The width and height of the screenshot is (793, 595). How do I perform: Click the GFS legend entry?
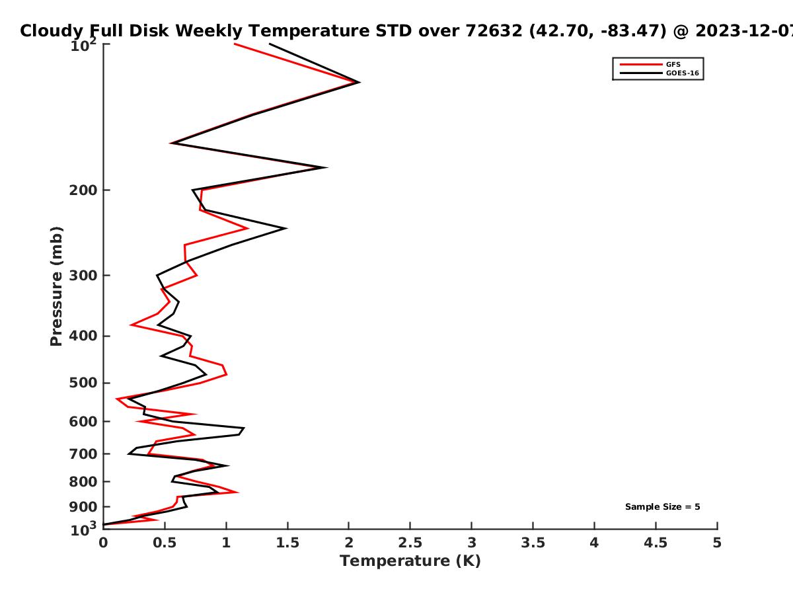tap(673, 64)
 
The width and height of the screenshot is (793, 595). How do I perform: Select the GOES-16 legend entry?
tap(682, 73)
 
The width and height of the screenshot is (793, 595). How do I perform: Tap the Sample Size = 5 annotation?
tap(663, 507)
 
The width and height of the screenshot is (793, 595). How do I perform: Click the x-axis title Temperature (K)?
tap(410, 561)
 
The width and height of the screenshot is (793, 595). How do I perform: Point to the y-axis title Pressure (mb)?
tap(56, 286)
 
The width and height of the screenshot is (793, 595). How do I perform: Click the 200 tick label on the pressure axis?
tap(83, 190)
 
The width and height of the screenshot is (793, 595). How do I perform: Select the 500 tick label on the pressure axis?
tap(83, 383)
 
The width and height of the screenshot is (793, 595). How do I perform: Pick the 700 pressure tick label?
tap(83, 454)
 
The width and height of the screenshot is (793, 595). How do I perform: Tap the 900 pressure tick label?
tap(83, 507)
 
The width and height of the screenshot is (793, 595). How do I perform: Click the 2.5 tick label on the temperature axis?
tap(410, 543)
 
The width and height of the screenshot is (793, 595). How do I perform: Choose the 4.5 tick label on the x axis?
tap(656, 543)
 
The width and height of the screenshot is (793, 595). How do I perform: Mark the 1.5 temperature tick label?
tap(287, 543)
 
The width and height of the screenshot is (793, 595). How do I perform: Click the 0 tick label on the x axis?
tap(103, 543)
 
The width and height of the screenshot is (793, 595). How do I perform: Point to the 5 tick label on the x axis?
tap(717, 543)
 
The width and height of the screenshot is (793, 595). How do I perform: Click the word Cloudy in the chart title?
tap(52, 31)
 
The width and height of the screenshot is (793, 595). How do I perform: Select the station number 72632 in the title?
tap(494, 31)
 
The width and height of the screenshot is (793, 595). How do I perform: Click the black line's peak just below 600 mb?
tap(244, 428)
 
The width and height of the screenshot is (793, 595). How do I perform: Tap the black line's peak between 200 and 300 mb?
tap(286, 228)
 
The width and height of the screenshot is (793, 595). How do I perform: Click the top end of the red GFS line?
tap(235, 44)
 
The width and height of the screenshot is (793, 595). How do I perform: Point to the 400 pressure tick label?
tap(83, 336)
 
